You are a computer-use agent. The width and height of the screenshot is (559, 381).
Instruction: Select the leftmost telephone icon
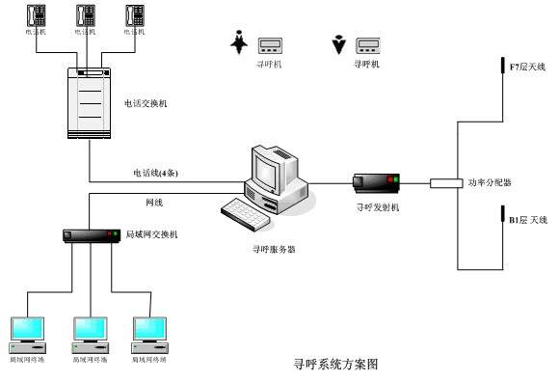pyautogui.click(x=36, y=16)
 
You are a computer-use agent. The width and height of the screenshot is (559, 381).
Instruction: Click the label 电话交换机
pyautogui.click(x=146, y=103)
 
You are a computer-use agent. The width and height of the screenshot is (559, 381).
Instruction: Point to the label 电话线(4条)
pyautogui.click(x=155, y=173)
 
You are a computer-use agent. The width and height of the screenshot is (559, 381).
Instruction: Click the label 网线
pyautogui.click(x=153, y=204)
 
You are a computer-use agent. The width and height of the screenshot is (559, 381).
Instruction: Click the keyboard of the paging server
pyautogui.click(x=249, y=213)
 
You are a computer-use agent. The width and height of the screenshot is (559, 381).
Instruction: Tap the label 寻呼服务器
pyautogui.click(x=272, y=249)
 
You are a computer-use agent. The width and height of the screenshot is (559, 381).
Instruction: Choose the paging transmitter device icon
pyautogui.click(x=376, y=181)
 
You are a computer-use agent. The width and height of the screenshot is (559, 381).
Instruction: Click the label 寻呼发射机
pyautogui.click(x=376, y=206)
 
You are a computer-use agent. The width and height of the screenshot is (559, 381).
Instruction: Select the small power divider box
pyautogui.click(x=445, y=182)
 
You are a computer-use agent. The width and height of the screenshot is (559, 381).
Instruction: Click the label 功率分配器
pyautogui.click(x=490, y=182)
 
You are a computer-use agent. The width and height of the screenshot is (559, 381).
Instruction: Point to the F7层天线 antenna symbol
pyautogui.click(x=501, y=66)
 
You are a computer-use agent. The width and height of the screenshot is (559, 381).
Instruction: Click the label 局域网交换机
pyautogui.click(x=151, y=234)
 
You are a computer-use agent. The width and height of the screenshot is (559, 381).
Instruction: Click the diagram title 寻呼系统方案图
pyautogui.click(x=334, y=366)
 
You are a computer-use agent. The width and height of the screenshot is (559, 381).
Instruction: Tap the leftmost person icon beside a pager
pyautogui.click(x=238, y=43)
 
